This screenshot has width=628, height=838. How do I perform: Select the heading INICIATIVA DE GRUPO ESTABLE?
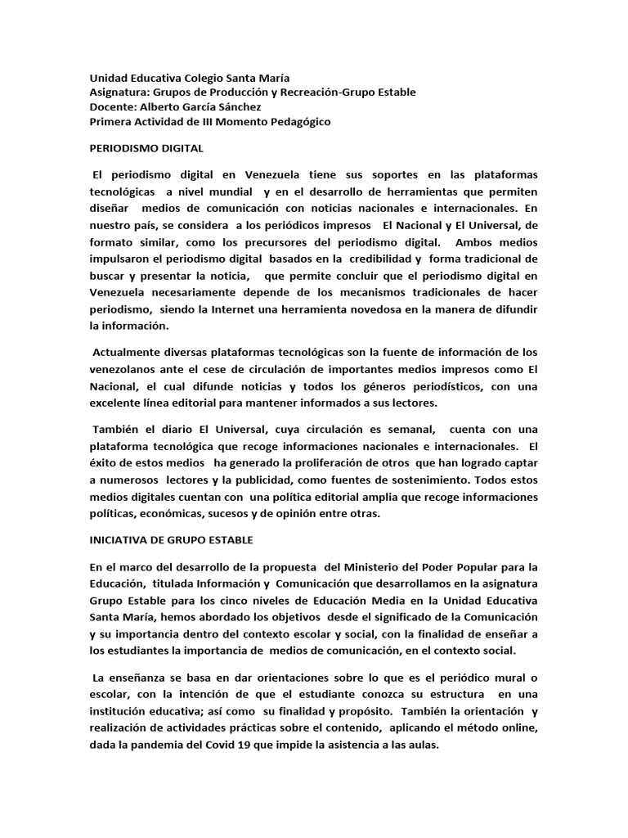click(x=171, y=540)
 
